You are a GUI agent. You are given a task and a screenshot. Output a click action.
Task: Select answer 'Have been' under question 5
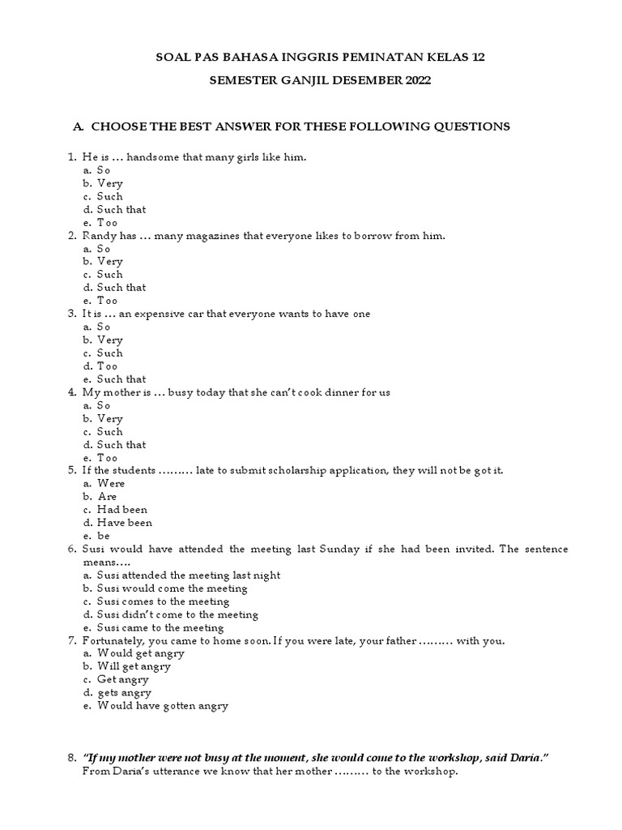click(125, 523)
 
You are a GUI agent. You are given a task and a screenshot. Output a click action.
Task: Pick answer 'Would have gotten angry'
click(163, 705)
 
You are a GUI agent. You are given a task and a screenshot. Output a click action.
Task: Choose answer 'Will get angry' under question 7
click(134, 666)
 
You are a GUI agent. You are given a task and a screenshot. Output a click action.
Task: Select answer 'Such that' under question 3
click(121, 379)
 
